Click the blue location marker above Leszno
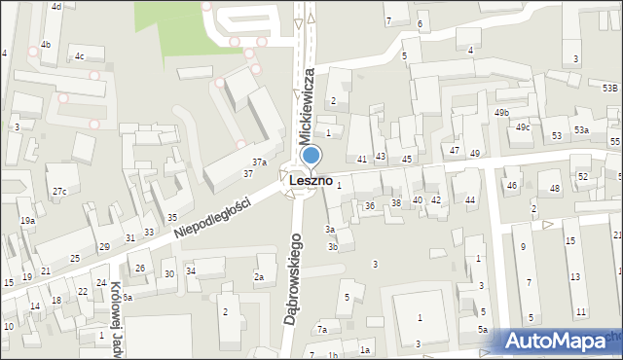(x=311, y=155)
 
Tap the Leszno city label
(x=311, y=181)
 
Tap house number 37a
(x=259, y=162)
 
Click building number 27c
(x=59, y=192)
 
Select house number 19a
(x=27, y=221)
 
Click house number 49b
(x=501, y=113)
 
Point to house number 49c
(x=523, y=127)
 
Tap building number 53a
(x=581, y=129)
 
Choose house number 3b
(x=332, y=247)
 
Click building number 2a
(x=259, y=277)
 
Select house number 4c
(x=79, y=56)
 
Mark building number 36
(x=370, y=206)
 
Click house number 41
(x=362, y=159)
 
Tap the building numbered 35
(x=172, y=217)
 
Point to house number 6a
(x=127, y=297)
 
